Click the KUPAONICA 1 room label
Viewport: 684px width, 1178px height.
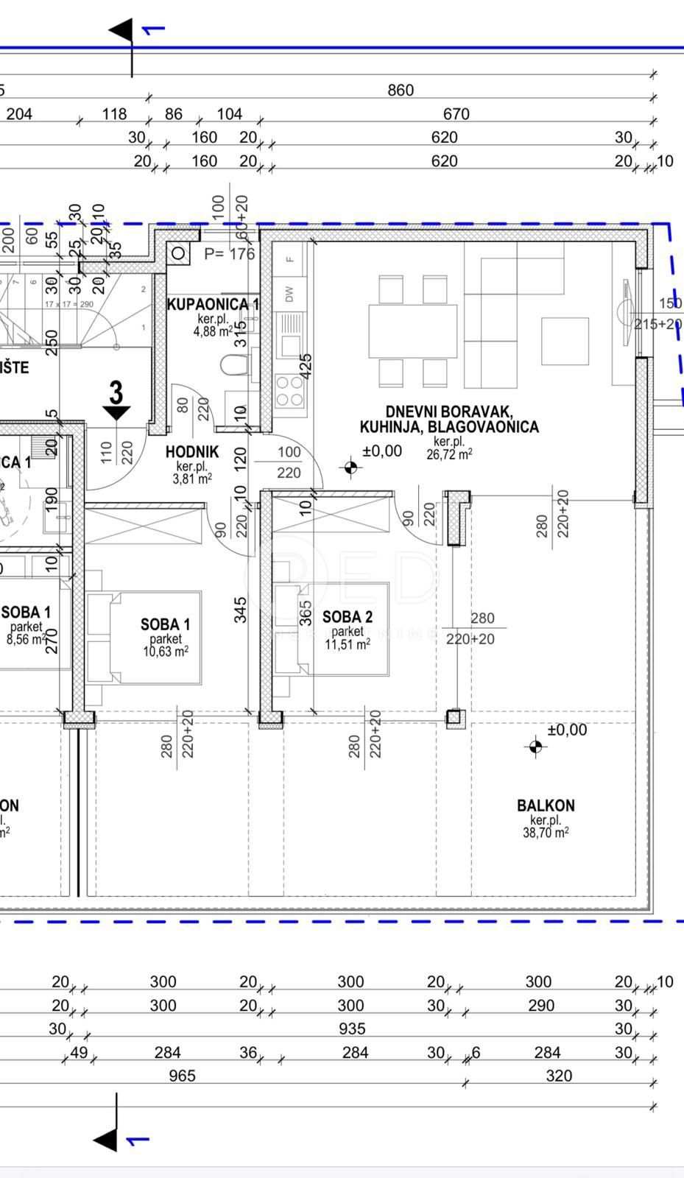(x=211, y=303)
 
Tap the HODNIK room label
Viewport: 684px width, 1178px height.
(x=191, y=452)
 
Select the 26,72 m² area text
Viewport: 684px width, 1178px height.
(x=449, y=454)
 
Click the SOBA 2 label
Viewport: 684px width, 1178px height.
(x=347, y=617)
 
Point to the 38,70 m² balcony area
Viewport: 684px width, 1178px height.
(x=545, y=833)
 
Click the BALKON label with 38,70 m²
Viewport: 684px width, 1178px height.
(x=545, y=805)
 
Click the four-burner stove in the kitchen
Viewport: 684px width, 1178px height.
(x=289, y=390)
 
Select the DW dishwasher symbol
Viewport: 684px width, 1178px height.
(x=289, y=294)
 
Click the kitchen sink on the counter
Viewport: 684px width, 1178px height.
(x=289, y=324)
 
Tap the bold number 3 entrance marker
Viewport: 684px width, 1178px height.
(x=116, y=392)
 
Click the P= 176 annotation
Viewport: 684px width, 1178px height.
(x=229, y=254)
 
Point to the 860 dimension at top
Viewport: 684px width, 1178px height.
(x=401, y=91)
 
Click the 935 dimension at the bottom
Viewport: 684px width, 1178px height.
(x=350, y=1029)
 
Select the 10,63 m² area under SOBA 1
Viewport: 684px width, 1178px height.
(x=165, y=652)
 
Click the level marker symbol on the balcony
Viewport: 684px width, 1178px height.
(x=535, y=747)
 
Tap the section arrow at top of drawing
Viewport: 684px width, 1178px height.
(x=122, y=31)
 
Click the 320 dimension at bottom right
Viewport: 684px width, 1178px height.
(x=558, y=1076)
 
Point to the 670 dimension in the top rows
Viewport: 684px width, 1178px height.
(x=456, y=114)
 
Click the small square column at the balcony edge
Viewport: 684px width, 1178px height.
(x=455, y=717)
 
